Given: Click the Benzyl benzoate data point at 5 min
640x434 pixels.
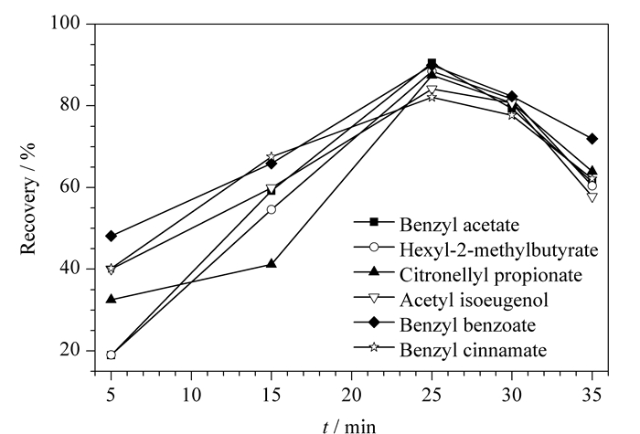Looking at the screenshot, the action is click(x=111, y=236).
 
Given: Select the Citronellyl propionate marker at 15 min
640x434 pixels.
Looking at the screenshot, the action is click(x=272, y=263).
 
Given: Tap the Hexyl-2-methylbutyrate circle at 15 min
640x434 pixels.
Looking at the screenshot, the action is click(x=272, y=209).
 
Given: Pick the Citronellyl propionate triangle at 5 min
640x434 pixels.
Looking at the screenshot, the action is click(x=111, y=299).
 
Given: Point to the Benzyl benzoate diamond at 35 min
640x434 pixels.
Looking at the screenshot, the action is click(x=592, y=139).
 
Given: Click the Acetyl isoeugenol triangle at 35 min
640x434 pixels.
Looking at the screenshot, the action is click(x=592, y=197).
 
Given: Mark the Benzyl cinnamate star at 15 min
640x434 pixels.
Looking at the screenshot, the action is click(x=272, y=157).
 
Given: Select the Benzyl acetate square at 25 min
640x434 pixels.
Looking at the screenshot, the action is click(x=432, y=63).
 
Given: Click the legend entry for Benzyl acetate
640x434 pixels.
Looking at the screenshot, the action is click(x=459, y=225).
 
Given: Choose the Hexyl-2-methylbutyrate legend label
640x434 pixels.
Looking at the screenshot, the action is click(x=498, y=249).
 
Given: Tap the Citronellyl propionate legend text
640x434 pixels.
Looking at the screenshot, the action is click(x=491, y=275).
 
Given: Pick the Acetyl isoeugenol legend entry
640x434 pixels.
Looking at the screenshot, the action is click(x=474, y=301).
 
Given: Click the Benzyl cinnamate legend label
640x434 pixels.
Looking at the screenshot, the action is click(x=473, y=350).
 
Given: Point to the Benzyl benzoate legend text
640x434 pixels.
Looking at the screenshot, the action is click(x=467, y=325).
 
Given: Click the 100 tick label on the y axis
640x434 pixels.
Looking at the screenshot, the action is click(x=65, y=23).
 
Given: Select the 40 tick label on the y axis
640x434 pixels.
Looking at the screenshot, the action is click(x=70, y=268).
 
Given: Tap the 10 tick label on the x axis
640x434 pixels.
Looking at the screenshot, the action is click(x=191, y=395).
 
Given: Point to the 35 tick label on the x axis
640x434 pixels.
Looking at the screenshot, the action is click(x=592, y=395).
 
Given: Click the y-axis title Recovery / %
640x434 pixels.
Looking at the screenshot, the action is click(x=28, y=198).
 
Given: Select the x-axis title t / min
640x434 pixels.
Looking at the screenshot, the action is click(x=349, y=427).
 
